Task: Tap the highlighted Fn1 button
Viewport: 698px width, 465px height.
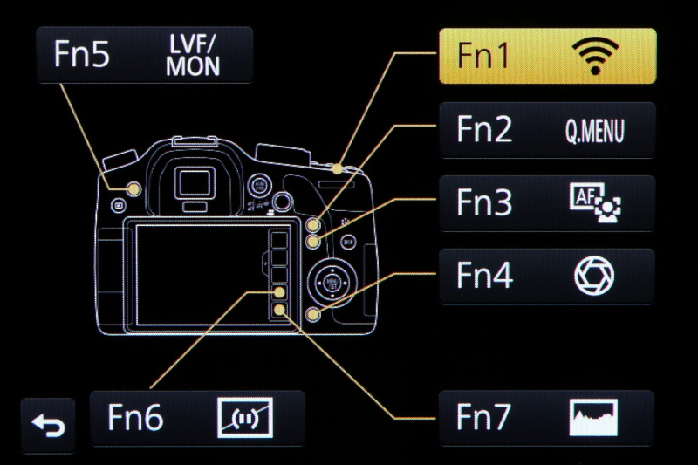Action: click(547, 56)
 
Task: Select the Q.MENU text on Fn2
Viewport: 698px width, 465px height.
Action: click(594, 131)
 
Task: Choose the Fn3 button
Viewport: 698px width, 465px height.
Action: click(547, 202)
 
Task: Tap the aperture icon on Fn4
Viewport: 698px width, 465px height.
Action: click(594, 277)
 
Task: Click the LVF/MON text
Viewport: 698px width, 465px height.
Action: click(193, 56)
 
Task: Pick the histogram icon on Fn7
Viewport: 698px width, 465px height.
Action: click(594, 419)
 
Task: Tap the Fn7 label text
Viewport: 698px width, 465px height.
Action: click(484, 419)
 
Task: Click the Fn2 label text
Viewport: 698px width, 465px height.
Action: click(484, 131)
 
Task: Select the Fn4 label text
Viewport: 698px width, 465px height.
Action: click(484, 277)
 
